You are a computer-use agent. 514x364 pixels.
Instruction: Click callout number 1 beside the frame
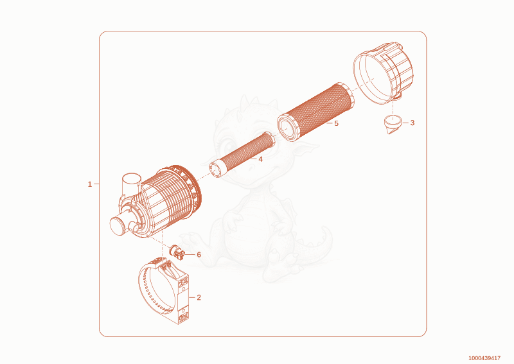(x=90, y=184)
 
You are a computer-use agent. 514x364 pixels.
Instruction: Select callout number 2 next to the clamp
(x=199, y=297)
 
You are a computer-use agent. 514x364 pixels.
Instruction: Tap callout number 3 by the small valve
(x=412, y=123)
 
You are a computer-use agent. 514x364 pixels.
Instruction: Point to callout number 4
(x=260, y=159)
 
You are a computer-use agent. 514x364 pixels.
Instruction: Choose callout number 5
(x=336, y=123)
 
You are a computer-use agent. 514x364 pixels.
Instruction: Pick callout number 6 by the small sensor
(x=199, y=255)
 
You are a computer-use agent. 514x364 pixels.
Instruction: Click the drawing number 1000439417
(x=484, y=358)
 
